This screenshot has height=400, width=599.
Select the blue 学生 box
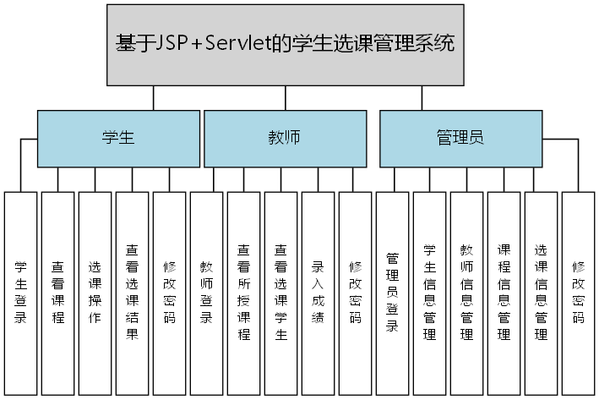[x=118, y=139]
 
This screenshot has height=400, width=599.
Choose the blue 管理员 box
[x=460, y=139]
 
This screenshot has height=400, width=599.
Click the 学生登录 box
[x=20, y=293]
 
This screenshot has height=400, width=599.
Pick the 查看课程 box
[x=57, y=293]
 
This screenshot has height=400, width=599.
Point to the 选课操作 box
[x=95, y=293]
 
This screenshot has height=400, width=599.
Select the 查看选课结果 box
[x=132, y=293]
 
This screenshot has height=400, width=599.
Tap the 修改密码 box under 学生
[x=169, y=293]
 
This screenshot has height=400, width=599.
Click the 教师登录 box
[x=206, y=293]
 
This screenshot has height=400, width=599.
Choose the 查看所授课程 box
[x=243, y=293]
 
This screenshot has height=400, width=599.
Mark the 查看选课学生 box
[x=280, y=293]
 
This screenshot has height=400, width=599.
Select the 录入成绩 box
[x=318, y=293]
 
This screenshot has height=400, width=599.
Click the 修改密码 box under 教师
[x=355, y=293]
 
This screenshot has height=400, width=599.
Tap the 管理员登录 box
[x=392, y=293]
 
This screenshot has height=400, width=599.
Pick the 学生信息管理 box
[x=429, y=293]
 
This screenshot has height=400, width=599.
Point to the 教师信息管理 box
[x=466, y=293]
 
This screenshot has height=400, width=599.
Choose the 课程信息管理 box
[x=504, y=293]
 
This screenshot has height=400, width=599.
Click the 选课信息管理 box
[x=541, y=293]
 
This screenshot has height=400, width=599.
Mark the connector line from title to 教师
[x=287, y=97]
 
